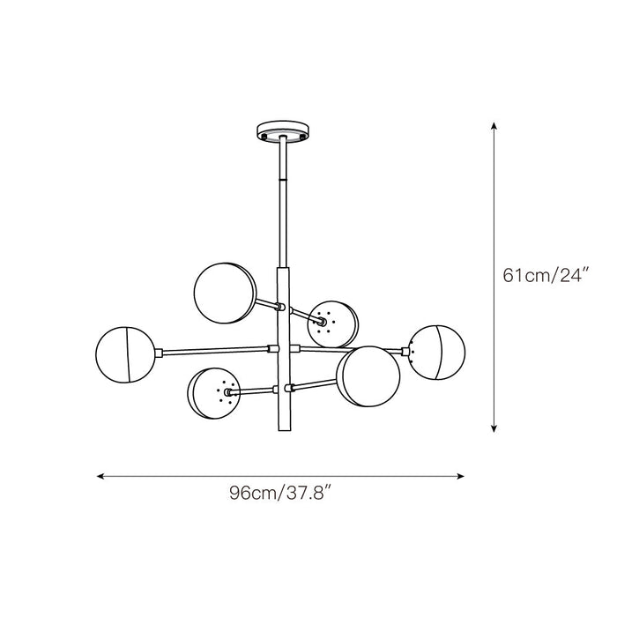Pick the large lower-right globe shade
pos(368,375)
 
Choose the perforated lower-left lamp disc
pos(212,394)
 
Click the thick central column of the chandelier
pos(284,353)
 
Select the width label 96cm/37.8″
pos(279,494)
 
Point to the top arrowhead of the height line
pos(494,126)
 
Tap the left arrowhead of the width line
pos(101,477)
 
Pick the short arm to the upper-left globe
pos(266,303)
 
